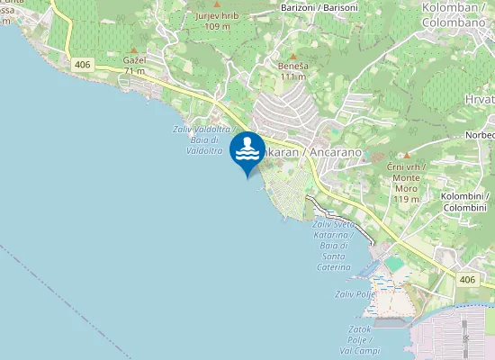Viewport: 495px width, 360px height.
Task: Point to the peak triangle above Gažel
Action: pyautogui.click(x=134, y=49)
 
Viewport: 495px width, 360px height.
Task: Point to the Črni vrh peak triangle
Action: pyautogui.click(x=406, y=156)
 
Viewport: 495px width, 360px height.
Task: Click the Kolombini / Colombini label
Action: pyautogui.click(x=464, y=202)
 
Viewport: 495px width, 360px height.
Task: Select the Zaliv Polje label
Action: pyautogui.click(x=355, y=293)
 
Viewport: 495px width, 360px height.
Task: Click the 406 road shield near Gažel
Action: pyautogui.click(x=83, y=64)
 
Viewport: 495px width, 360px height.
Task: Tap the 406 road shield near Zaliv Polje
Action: pyautogui.click(x=465, y=280)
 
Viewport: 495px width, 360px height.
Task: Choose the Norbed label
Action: pyautogui.click(x=480, y=135)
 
